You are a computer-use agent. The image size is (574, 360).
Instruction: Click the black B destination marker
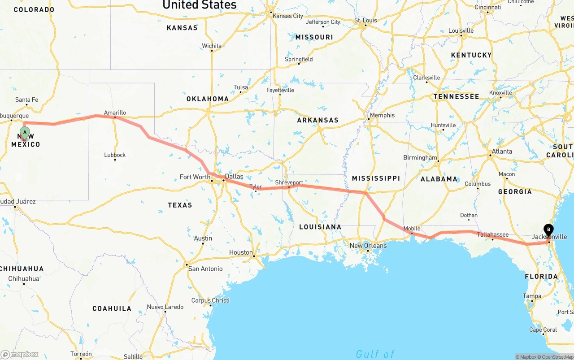pyautogui.click(x=548, y=230)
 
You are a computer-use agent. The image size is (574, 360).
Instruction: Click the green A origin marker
pyautogui.click(x=25, y=132)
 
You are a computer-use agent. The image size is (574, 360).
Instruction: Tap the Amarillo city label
pyautogui.click(x=115, y=113)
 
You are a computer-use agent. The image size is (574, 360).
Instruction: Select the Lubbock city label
pyautogui.click(x=115, y=155)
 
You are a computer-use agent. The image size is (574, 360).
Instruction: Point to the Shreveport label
pyautogui.click(x=289, y=182)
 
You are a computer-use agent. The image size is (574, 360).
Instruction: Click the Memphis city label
pyautogui.click(x=382, y=115)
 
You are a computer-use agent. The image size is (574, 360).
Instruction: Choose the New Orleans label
pyautogui.click(x=368, y=245)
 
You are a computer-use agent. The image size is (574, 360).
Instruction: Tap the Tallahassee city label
pyautogui.click(x=492, y=234)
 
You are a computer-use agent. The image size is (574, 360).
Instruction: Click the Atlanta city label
pyautogui.click(x=502, y=151)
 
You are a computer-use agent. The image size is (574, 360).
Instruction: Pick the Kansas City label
pyautogui.click(x=288, y=16)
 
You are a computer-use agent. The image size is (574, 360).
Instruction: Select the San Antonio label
pyautogui.click(x=205, y=269)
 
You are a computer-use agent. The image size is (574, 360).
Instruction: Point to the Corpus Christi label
pyautogui.click(x=210, y=300)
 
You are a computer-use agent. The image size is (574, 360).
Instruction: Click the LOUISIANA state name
pyautogui.click(x=320, y=227)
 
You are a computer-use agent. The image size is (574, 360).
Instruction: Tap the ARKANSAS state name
pyautogui.click(x=317, y=120)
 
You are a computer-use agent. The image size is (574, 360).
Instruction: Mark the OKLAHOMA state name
pyautogui.click(x=208, y=99)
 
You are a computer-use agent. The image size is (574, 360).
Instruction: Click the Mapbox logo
pyautogui.click(x=20, y=354)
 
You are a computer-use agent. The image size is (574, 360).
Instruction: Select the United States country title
pyautogui.click(x=199, y=5)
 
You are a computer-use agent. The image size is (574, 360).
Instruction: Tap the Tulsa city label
pyautogui.click(x=240, y=87)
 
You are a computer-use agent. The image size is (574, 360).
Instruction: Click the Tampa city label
pyautogui.click(x=532, y=296)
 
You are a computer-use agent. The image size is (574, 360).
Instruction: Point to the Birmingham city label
pyautogui.click(x=420, y=157)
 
